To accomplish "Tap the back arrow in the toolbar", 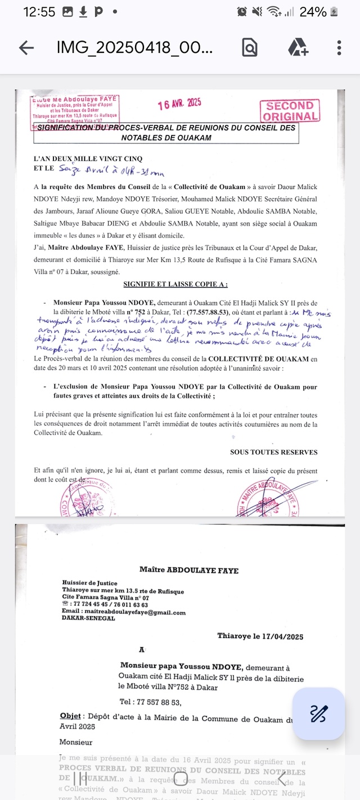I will (x=26, y=48).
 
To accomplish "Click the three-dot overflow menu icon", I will (x=339, y=48).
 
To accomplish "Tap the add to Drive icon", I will (x=298, y=48).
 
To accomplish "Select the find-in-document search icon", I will (x=250, y=48).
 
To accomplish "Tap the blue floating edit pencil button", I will (x=318, y=714).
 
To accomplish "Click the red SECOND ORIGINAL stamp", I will (x=290, y=111).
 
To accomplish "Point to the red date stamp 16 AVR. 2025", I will (x=179, y=104).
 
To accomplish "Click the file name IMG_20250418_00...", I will (x=134, y=48).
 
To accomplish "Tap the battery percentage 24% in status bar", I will (x=313, y=12).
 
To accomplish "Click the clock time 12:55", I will (x=39, y=12).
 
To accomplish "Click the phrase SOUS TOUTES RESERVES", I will (x=273, y=452).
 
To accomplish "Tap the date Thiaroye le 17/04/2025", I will (x=260, y=636).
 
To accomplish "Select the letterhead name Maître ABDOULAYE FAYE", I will (x=188, y=570).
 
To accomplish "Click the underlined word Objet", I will (x=70, y=716).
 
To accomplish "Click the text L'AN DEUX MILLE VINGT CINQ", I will (x=88, y=158).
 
